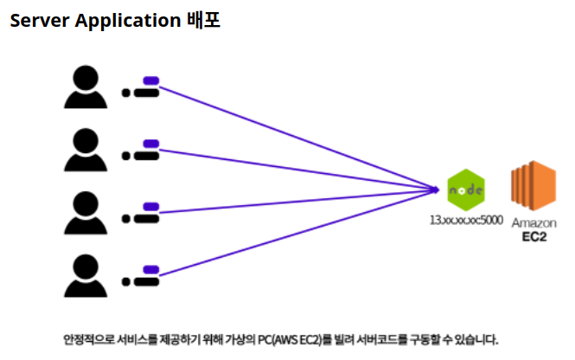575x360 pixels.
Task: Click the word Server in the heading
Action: [x=38, y=20]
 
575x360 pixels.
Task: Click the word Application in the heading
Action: [x=125, y=21]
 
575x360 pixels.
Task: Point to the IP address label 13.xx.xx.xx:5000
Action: [x=466, y=221]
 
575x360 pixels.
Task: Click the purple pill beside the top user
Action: [x=150, y=81]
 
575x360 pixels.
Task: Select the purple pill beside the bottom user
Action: [x=150, y=269]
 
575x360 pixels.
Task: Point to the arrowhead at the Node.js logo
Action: [x=438, y=187]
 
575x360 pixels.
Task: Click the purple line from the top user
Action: [x=294, y=133]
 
